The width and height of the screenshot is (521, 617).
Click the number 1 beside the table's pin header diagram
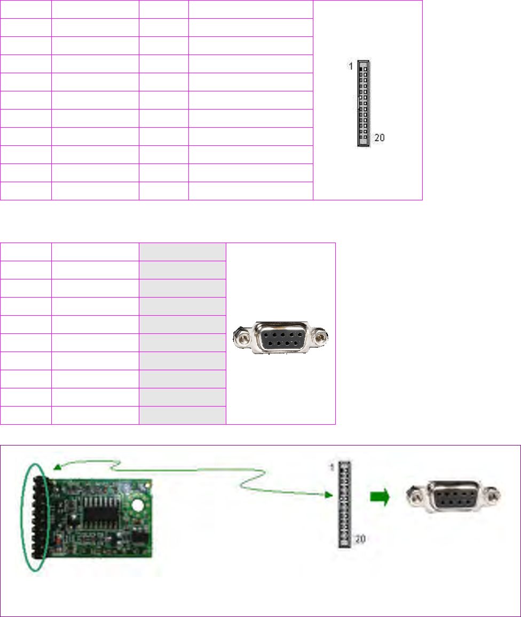[x=350, y=67]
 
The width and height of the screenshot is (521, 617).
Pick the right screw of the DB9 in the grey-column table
[x=321, y=338]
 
